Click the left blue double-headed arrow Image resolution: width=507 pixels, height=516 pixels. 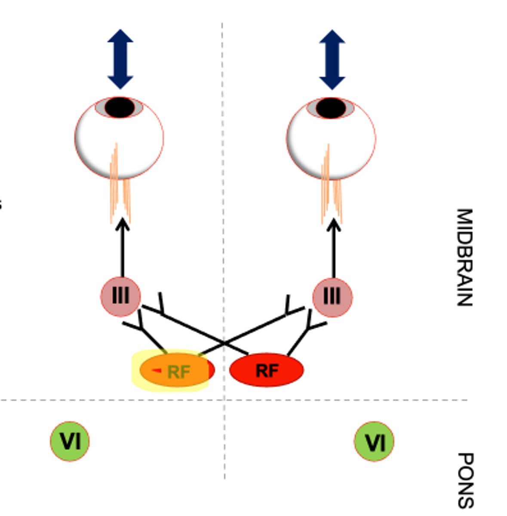120,59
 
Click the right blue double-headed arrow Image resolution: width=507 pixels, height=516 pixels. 332,59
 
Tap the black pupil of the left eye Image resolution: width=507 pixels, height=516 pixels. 120,107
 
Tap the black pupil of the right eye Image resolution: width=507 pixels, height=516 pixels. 331,108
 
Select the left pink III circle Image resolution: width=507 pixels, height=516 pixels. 120,296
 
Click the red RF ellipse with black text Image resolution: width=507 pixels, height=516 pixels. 267,370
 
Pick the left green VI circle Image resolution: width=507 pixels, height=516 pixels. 70,441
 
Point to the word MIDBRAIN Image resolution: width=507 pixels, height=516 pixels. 464,257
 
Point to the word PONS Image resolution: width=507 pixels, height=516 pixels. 464,479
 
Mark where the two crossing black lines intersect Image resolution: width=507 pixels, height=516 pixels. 224,343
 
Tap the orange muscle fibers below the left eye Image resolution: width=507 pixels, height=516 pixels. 120,189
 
